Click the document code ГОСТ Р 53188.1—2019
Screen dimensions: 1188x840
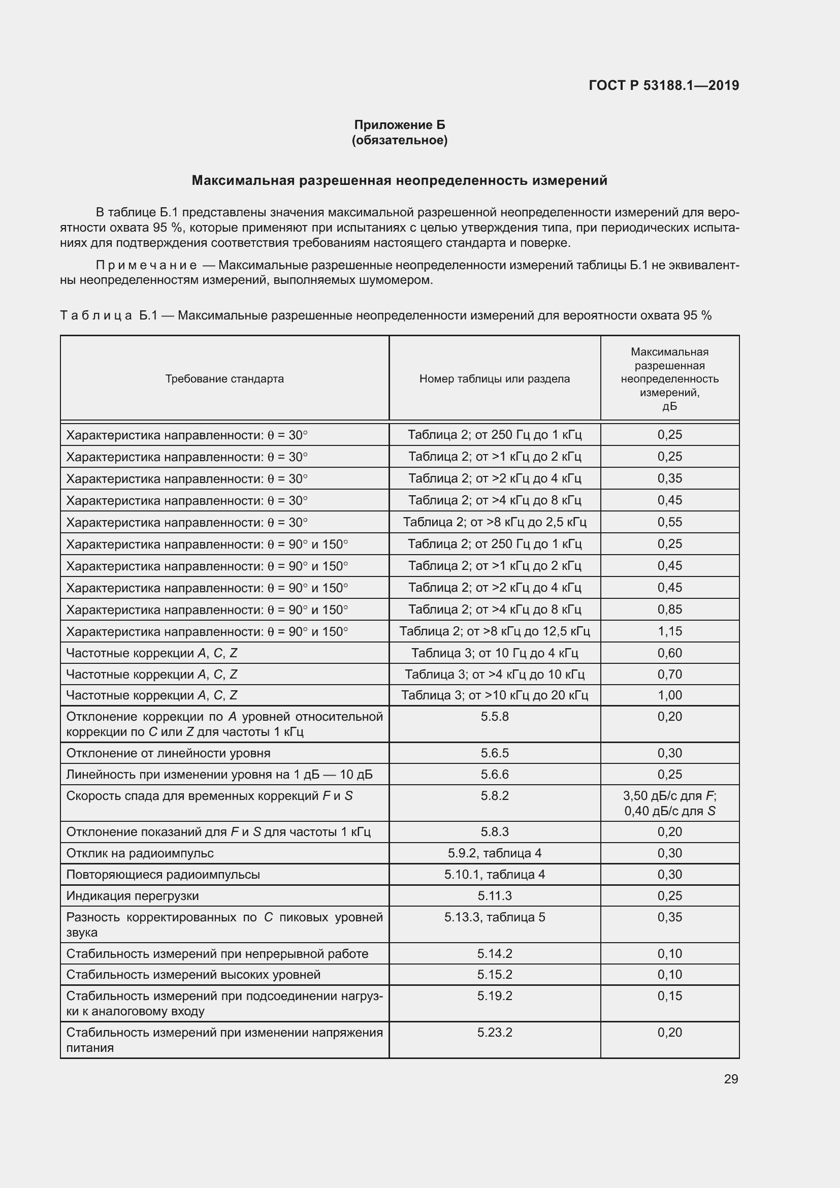tap(664, 85)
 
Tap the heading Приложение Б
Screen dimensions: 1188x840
tap(399, 125)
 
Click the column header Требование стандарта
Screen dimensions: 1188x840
tap(224, 379)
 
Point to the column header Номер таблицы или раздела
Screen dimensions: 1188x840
tap(495, 379)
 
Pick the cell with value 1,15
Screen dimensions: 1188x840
tap(670, 631)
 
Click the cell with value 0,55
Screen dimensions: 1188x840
tap(670, 522)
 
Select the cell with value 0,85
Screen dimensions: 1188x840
tap(670, 609)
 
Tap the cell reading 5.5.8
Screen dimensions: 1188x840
tap(495, 717)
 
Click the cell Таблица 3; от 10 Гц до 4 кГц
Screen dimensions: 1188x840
tap(495, 653)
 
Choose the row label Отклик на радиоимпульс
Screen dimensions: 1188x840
tap(140, 853)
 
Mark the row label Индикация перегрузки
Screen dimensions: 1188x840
tap(133, 895)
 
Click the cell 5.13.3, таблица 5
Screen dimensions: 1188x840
tap(495, 917)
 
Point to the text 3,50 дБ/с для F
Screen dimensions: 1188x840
tap(670, 796)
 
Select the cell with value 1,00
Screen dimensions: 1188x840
tap(670, 695)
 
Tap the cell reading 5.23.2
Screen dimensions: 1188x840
tap(495, 1032)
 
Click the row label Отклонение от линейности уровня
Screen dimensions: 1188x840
tap(168, 753)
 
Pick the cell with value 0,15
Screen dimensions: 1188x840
tap(670, 996)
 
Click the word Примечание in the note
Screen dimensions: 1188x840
tap(146, 266)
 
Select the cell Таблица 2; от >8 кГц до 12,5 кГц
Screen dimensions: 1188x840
tap(495, 631)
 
